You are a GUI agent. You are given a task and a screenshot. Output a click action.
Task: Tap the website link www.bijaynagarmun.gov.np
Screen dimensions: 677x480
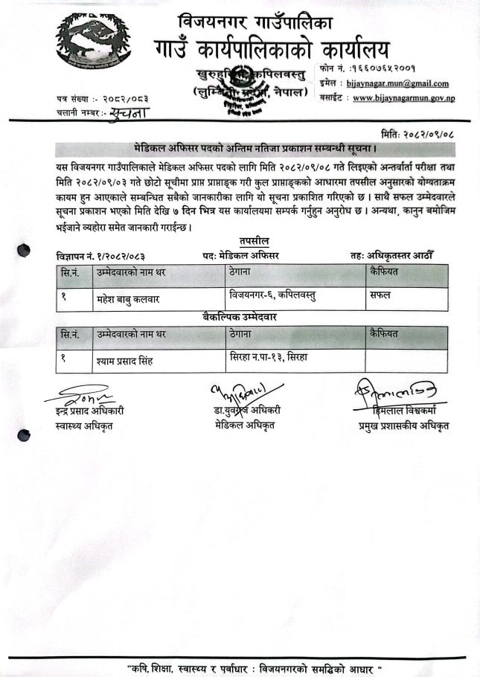[x=405, y=97]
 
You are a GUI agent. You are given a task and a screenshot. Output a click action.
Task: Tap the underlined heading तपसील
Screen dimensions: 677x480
[x=254, y=241]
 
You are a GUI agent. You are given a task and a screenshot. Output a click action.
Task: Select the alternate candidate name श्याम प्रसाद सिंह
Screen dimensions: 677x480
[x=122, y=361]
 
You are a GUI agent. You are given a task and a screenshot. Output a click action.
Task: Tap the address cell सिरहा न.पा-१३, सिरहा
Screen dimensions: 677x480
[x=269, y=358]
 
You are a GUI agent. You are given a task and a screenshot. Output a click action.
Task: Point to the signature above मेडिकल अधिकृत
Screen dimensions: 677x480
[x=245, y=391]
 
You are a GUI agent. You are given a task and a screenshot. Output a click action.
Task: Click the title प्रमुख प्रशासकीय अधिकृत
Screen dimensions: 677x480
[x=403, y=426]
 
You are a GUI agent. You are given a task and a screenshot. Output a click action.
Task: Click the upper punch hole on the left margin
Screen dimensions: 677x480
[x=25, y=250]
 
